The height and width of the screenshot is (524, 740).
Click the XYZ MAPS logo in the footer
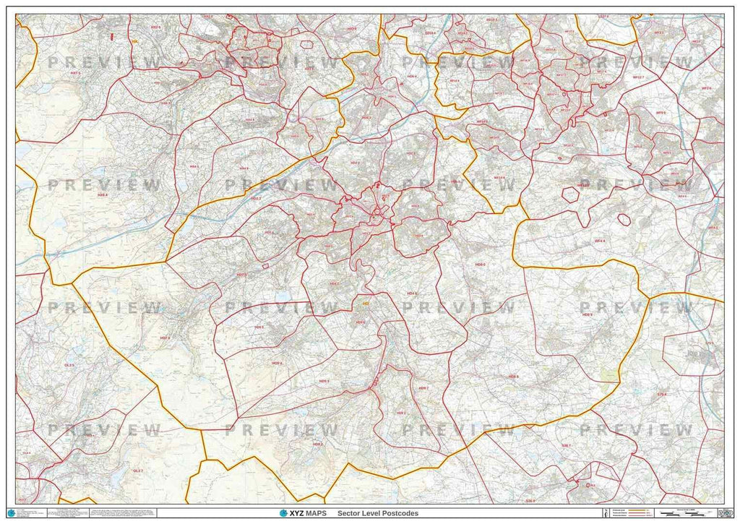point(302,513)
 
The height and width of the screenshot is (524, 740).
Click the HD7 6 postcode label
point(165,338)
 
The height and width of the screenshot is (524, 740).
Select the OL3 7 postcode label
point(137,471)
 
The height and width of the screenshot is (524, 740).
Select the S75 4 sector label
point(662,394)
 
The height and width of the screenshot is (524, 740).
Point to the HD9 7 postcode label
point(423,388)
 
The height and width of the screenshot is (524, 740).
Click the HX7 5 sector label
point(75,73)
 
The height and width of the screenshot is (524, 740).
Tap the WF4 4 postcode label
point(600,241)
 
